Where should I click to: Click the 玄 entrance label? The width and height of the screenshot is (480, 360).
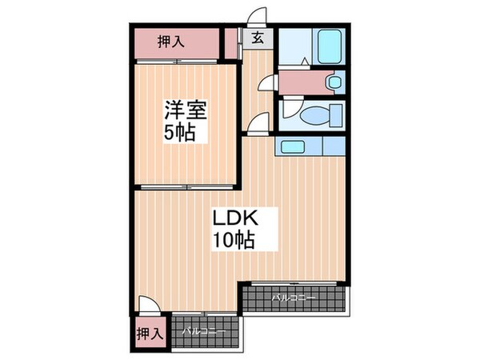tap(258, 38)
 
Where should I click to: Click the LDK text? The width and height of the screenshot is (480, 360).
tap(234, 218)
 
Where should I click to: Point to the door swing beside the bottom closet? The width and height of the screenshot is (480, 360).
tap(149, 305)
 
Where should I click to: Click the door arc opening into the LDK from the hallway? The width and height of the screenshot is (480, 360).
tap(258, 124)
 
